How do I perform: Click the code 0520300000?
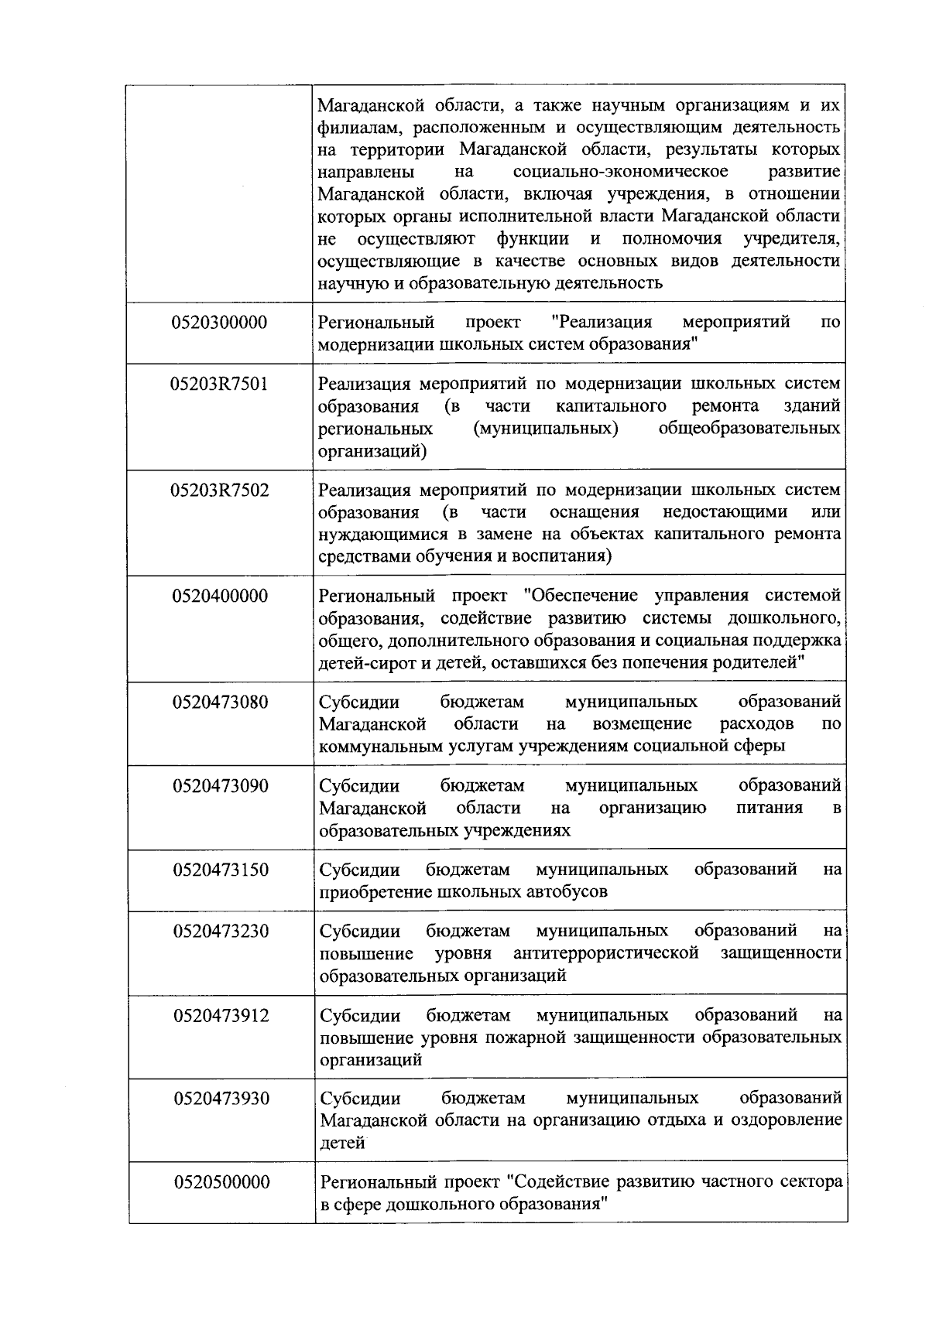point(220,323)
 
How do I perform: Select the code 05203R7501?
point(220,384)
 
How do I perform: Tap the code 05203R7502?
point(220,491)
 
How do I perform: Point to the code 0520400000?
point(221,597)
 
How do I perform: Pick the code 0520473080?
point(221,703)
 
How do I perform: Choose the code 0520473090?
point(221,787)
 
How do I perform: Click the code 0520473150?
point(221,870)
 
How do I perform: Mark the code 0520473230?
point(221,932)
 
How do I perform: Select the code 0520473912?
point(221,1016)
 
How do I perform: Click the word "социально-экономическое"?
point(619,171)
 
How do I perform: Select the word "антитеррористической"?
point(606,953)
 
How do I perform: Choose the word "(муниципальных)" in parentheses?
point(545,429)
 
